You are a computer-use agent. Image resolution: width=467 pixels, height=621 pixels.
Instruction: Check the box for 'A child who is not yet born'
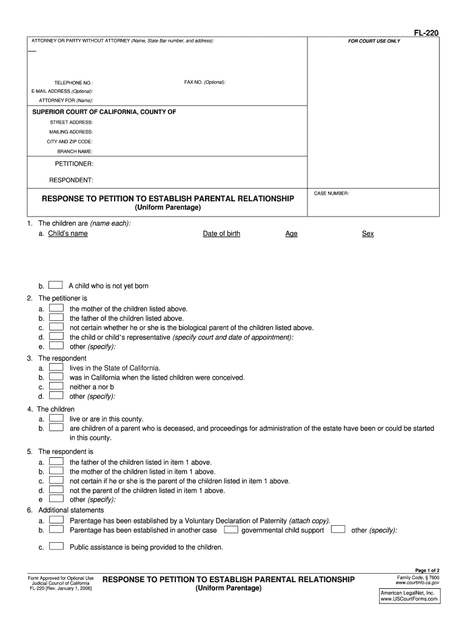(55, 285)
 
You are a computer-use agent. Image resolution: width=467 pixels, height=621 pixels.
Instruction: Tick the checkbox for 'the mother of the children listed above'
(56, 308)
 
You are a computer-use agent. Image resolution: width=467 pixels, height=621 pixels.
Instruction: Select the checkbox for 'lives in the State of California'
(56, 368)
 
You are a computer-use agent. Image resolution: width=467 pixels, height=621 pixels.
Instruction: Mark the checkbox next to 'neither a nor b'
(56, 386)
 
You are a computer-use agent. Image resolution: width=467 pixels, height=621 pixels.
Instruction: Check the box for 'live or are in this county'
(56, 418)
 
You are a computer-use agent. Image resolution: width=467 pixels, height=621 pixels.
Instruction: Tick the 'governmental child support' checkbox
(230, 529)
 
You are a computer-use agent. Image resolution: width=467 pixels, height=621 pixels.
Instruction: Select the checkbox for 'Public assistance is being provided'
(56, 546)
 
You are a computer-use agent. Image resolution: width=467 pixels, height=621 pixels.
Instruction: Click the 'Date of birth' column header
(221, 233)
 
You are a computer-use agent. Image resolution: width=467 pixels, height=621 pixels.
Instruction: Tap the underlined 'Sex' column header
(368, 233)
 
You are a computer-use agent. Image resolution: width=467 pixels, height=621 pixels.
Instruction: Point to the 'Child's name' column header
(68, 233)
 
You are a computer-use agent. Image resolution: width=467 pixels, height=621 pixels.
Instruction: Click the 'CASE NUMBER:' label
(331, 193)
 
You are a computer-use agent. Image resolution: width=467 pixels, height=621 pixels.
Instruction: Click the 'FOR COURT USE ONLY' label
(374, 41)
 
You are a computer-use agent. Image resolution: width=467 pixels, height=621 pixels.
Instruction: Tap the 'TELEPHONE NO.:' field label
(73, 82)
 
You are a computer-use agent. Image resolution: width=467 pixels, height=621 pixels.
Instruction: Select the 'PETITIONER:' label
(74, 164)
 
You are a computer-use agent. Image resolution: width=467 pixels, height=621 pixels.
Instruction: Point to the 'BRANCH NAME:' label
(75, 151)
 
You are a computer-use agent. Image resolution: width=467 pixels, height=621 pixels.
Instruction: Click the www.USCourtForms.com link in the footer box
(409, 599)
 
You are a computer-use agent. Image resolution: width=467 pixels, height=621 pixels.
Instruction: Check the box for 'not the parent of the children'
(56, 490)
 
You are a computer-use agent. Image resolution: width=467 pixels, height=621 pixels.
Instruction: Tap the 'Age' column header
(291, 233)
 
